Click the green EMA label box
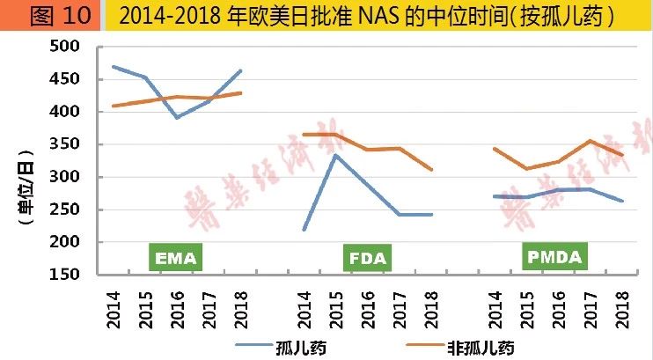175,258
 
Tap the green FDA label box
366,259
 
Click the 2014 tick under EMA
114,311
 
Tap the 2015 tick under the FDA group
335,311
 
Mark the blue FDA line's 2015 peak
335,155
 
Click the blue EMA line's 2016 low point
177,117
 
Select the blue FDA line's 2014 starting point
304,230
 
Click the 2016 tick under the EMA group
177,311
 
